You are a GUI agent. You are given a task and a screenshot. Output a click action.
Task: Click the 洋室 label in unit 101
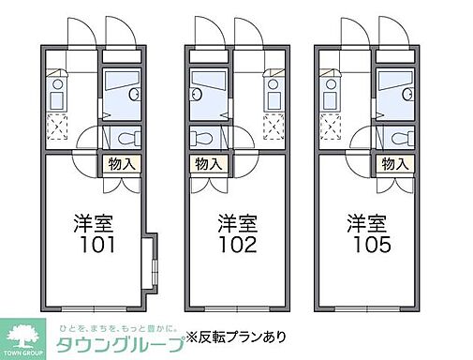[x=95, y=225]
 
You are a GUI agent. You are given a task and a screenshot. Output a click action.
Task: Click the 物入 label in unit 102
[x=209, y=164]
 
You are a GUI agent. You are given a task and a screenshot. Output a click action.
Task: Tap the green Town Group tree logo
[x=26, y=333]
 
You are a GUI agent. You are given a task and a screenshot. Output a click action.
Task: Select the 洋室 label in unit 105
[x=367, y=225]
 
